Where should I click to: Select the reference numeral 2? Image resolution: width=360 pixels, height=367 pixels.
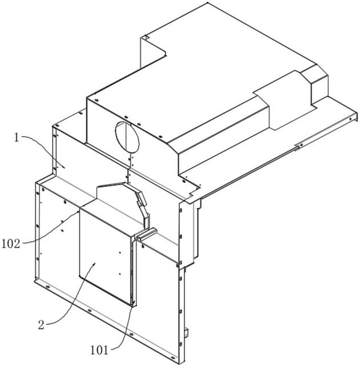[41, 325]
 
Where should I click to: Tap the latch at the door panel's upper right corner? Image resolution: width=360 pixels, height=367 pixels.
[145, 235]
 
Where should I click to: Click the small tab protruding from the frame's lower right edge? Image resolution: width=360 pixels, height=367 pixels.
[187, 331]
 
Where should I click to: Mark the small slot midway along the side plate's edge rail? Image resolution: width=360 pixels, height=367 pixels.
[297, 147]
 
